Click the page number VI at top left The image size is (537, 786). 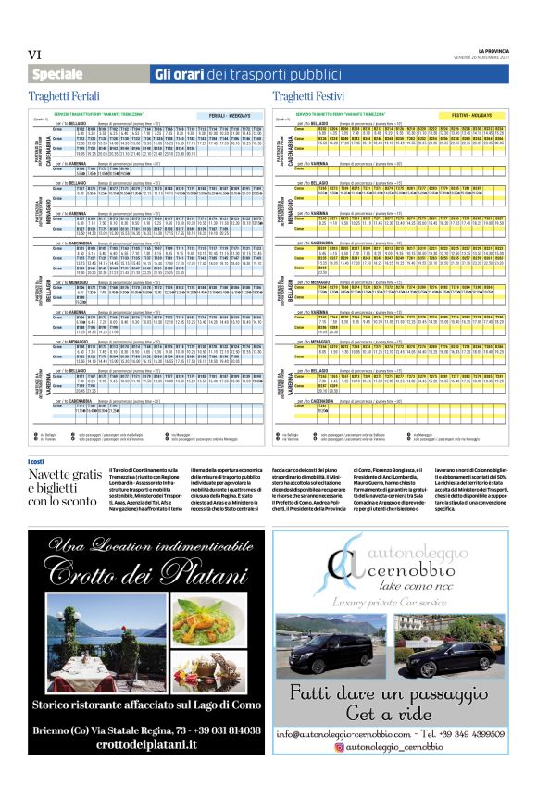coord(37,56)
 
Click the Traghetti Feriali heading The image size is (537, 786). coord(68,96)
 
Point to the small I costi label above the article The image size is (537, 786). coord(37,461)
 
